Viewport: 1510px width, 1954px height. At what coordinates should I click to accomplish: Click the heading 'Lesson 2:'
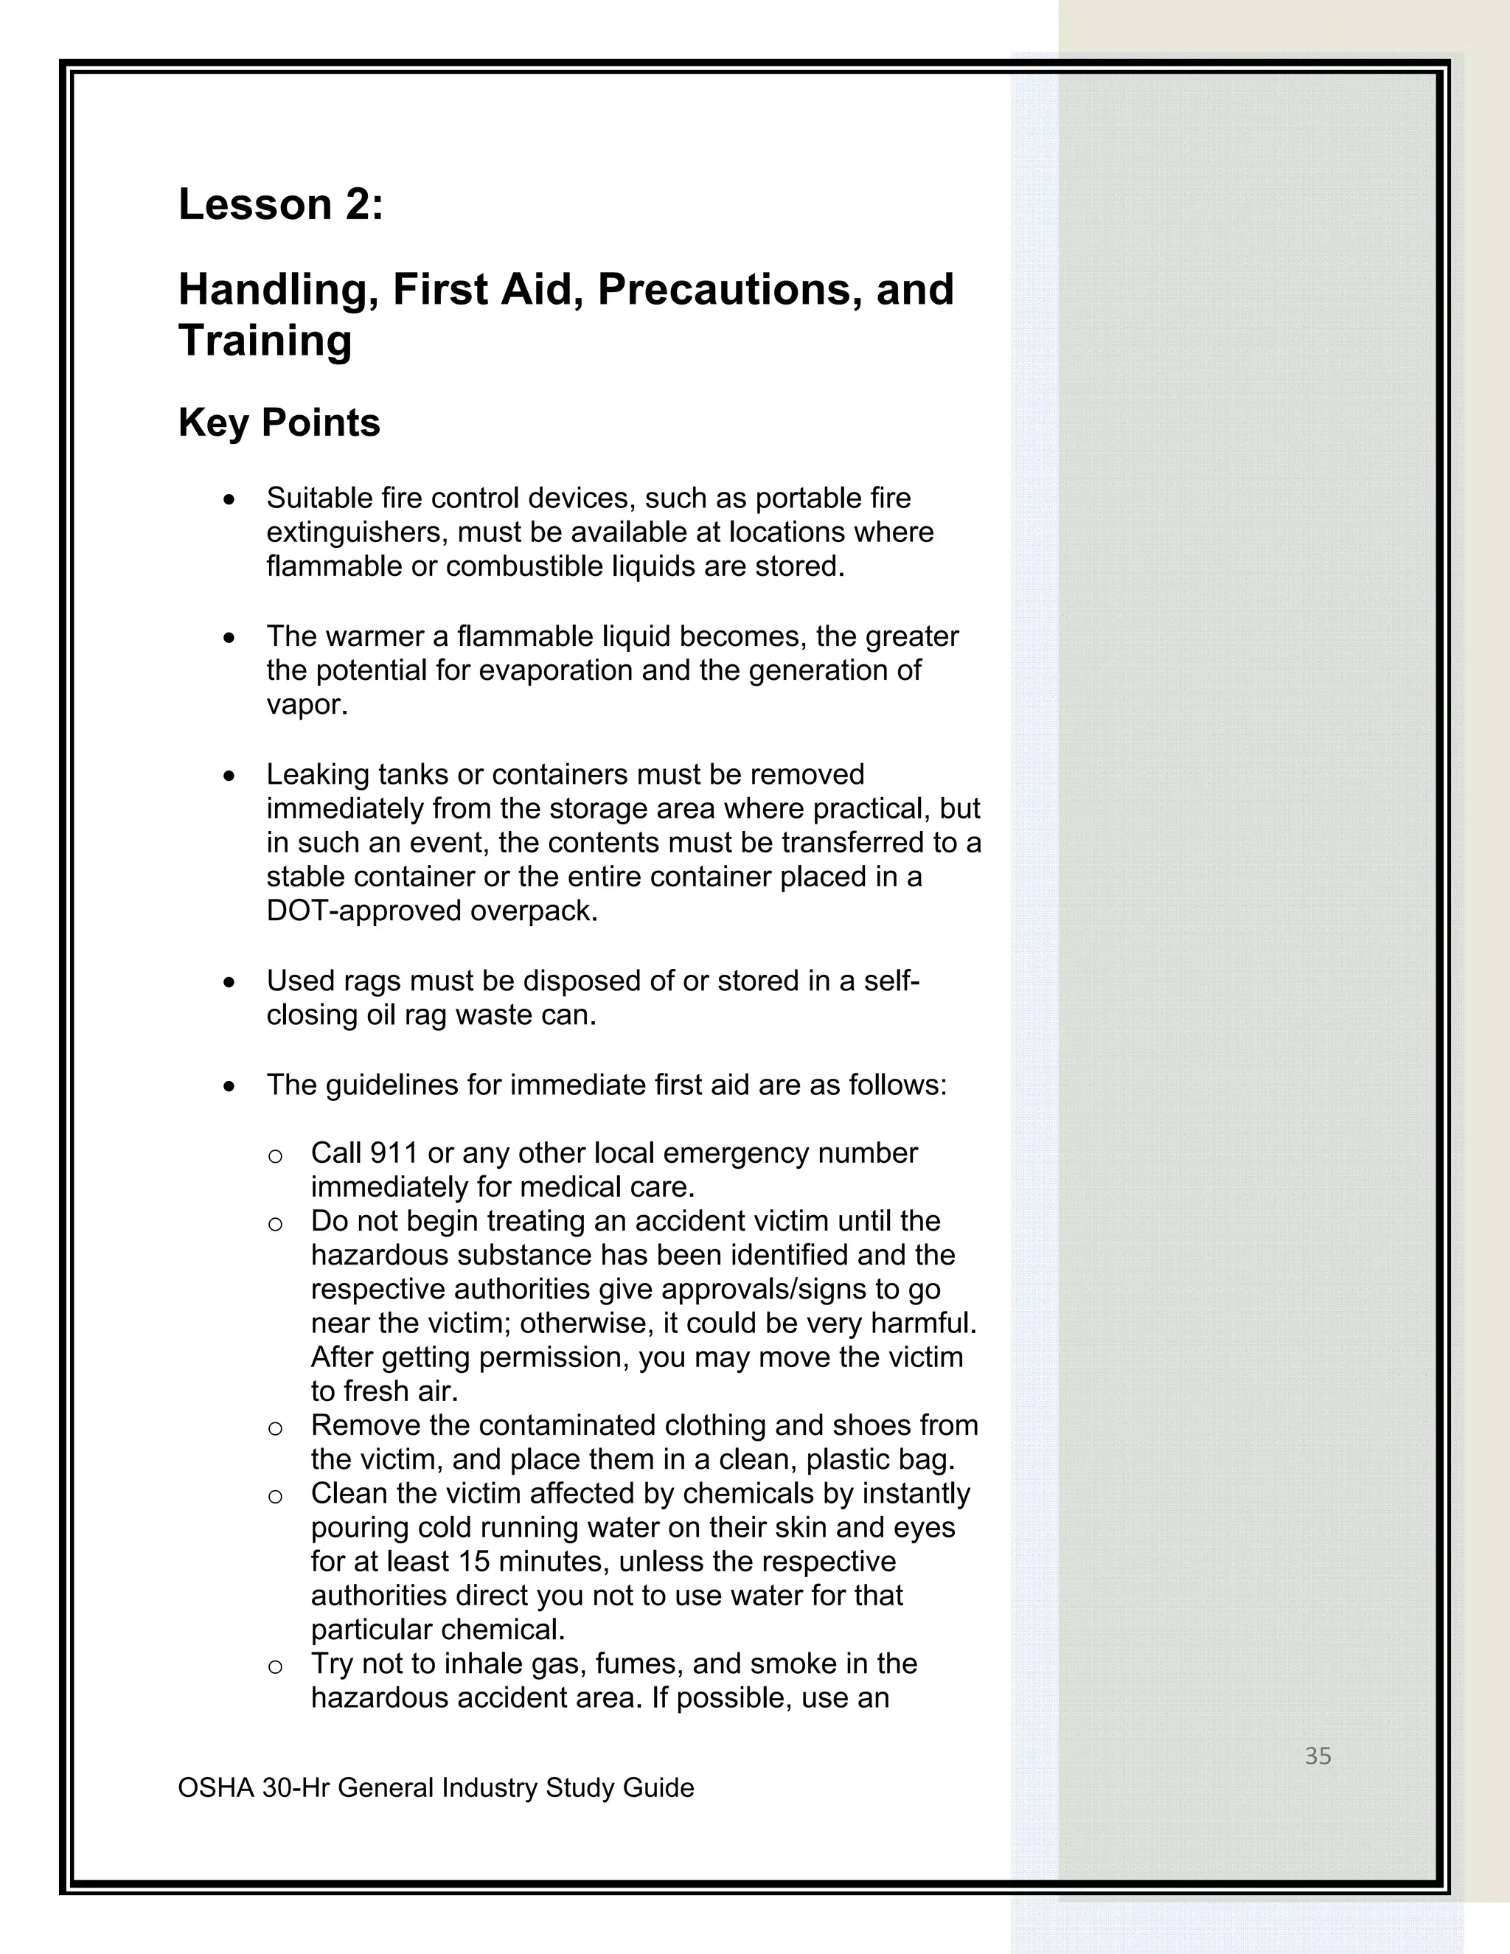[281, 205]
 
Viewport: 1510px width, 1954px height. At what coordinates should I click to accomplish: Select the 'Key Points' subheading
[279, 423]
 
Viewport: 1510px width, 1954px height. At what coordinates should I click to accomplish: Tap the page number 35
[1318, 1756]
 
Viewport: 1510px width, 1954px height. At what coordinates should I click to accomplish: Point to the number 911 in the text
[394, 1153]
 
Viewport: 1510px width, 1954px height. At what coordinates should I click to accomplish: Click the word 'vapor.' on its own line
[307, 705]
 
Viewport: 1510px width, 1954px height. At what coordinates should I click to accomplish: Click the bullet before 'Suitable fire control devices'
[230, 499]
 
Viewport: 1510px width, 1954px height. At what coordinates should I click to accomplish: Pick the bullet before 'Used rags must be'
[230, 982]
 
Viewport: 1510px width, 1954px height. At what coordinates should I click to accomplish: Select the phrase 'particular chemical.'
[437, 1630]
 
